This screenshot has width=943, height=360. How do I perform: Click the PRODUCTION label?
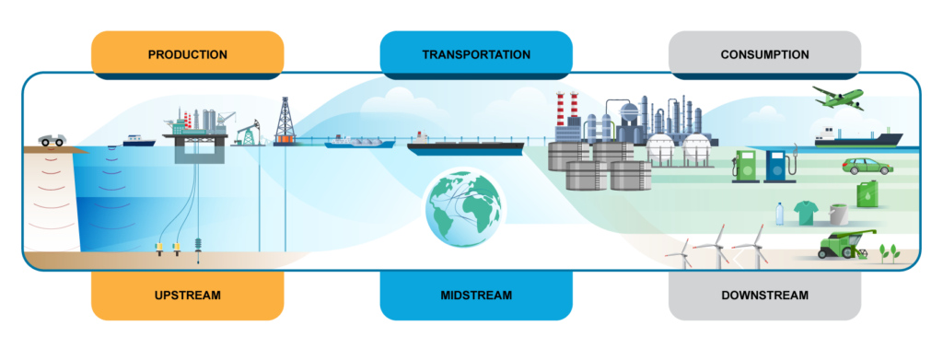[188, 54]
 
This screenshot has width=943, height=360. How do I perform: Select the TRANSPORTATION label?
[476, 54]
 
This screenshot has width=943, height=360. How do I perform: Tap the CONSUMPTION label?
[765, 54]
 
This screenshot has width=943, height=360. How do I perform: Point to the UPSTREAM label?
[188, 296]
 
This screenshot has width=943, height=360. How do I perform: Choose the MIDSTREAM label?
[476, 296]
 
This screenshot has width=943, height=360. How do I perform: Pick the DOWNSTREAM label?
[765, 296]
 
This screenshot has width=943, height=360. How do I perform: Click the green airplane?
[838, 98]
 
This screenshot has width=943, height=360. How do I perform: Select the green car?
[867, 166]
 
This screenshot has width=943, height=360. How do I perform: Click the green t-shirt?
[805, 213]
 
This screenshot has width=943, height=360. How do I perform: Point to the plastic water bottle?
[779, 214]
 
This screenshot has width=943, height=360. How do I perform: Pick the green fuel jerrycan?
[867, 194]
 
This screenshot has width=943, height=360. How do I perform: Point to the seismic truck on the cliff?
[52, 140]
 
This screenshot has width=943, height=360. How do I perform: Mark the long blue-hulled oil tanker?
[465, 145]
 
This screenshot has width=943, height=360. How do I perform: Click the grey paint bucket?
[838, 215]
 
